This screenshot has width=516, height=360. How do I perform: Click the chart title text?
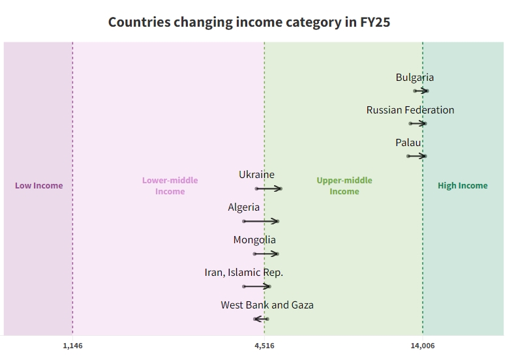249,22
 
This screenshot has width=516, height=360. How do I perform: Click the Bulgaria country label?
414,78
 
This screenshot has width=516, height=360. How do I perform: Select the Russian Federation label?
410,110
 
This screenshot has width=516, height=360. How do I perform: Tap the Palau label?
408,143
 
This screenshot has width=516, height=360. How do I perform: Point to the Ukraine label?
256,175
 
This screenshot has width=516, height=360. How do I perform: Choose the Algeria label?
243,207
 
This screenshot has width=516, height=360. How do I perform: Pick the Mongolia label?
254,240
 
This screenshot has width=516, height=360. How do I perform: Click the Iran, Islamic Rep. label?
243,273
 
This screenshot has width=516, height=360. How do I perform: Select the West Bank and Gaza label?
267,305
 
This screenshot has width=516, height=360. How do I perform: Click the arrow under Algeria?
260,221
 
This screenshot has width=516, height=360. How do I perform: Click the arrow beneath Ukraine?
268,188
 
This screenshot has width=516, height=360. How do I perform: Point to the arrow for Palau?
416,156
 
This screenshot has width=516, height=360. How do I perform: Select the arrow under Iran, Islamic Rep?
256,286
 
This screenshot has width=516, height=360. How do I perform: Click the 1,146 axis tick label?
72,346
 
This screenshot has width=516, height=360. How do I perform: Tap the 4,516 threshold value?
264,346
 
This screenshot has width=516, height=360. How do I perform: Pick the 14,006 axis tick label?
423,346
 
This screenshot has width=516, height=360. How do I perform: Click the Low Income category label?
39,186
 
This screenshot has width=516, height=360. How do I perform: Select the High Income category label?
463,186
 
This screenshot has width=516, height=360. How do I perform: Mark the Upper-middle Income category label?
344,186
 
